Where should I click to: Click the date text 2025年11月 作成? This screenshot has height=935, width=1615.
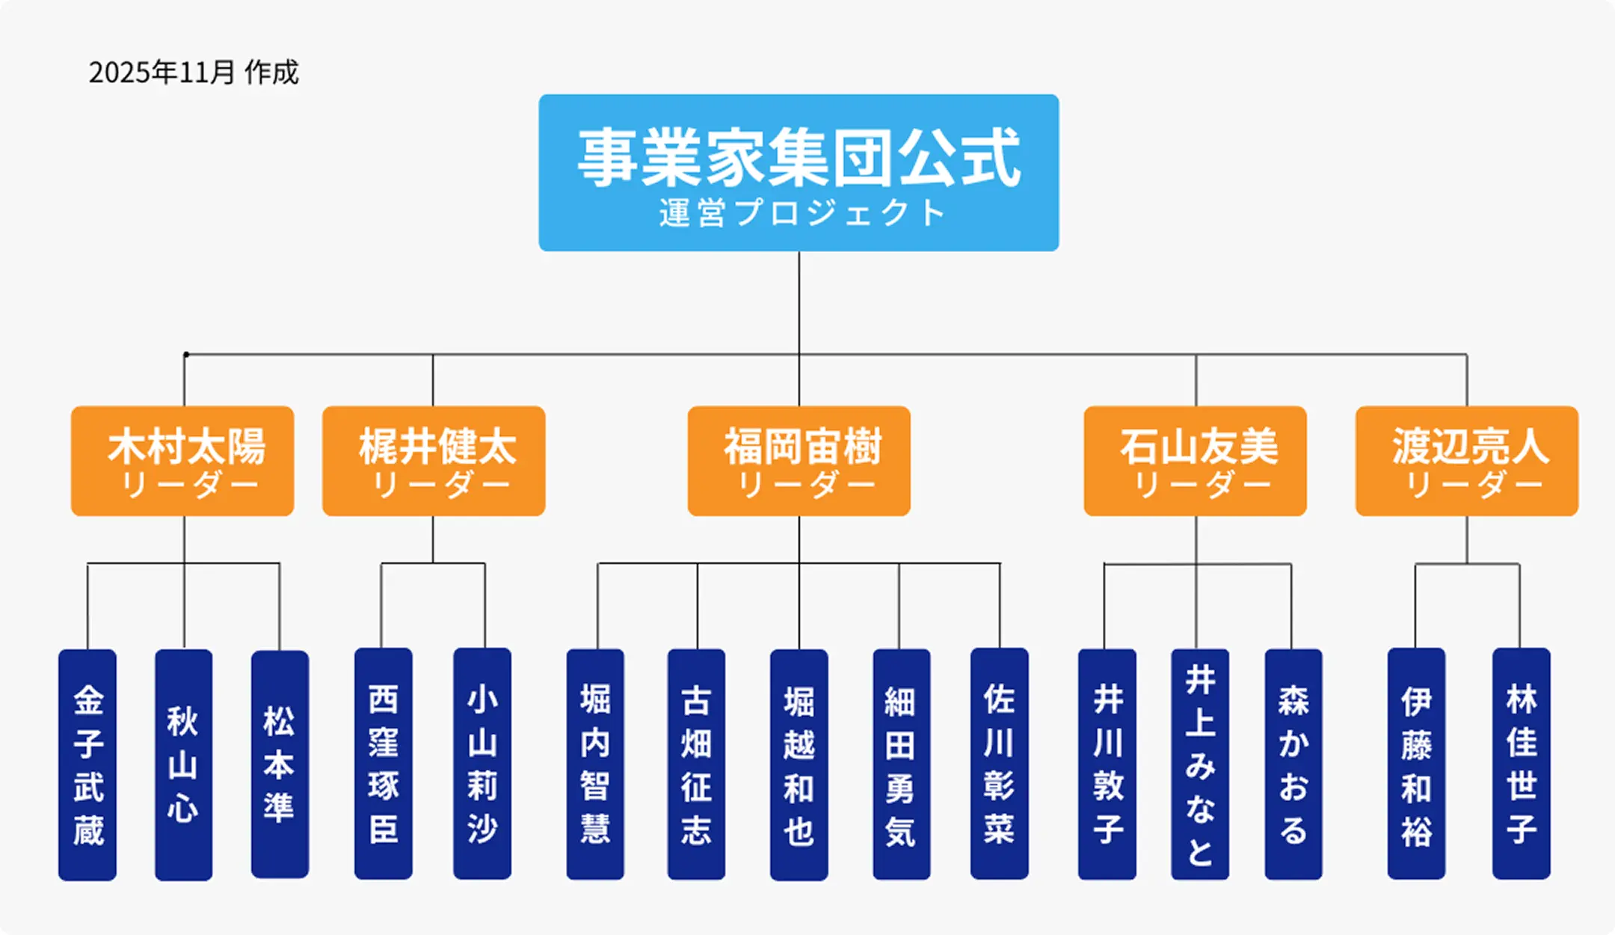(193, 73)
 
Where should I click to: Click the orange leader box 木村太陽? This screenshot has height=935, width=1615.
(182, 461)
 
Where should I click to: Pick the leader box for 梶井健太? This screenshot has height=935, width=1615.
(434, 461)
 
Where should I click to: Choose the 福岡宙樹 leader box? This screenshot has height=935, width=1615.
(799, 461)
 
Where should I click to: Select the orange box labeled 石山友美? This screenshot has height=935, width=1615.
(1195, 461)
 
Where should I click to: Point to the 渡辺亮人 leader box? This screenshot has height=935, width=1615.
(1466, 461)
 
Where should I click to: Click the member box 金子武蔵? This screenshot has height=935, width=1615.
(87, 764)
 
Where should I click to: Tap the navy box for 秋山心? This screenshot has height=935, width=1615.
(183, 764)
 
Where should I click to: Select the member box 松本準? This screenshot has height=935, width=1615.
(280, 764)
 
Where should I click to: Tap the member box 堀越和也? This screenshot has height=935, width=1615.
(799, 764)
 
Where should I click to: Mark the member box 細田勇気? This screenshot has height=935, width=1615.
(901, 764)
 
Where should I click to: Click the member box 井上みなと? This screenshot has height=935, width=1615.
(1199, 764)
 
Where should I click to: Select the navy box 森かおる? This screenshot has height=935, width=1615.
(1293, 764)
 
